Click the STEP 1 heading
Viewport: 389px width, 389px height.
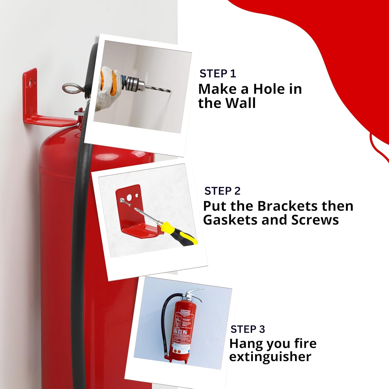tap(218, 74)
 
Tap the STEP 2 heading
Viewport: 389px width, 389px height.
tap(222, 191)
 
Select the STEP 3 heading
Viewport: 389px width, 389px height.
tap(248, 329)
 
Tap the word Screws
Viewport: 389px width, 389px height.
tap(315, 220)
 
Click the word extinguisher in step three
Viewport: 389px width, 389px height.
tap(270, 357)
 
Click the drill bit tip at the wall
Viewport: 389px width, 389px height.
tap(170, 91)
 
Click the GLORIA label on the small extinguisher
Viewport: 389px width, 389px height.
tap(185, 311)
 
